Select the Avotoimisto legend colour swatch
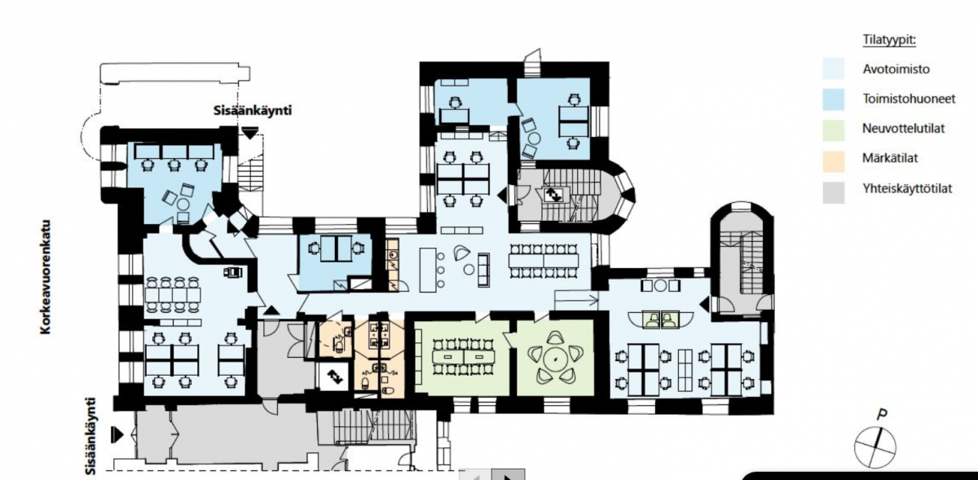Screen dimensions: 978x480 coord(834,69)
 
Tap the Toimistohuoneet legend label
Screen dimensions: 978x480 coord(909,99)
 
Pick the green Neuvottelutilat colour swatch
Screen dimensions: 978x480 coord(834,130)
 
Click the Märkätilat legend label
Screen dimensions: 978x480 coord(890,158)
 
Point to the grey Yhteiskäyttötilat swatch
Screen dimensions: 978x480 coord(834,192)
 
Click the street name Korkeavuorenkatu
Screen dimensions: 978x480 coord(46,277)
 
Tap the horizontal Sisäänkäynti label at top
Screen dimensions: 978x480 coord(253,111)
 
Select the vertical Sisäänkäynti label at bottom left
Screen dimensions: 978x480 coord(90,436)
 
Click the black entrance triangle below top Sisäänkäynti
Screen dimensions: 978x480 coord(249,133)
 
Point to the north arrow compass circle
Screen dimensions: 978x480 coord(874,448)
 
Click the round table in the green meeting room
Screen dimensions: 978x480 coord(555,359)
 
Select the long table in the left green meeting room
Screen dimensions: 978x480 coord(462,357)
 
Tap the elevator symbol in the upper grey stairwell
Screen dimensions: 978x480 coord(553,194)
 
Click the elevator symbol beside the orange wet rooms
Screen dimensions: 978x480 coord(334,377)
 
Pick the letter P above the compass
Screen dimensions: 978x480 coord(883,414)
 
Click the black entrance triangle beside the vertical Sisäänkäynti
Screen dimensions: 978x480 coord(118,434)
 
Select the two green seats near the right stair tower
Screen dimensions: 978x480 coord(660,319)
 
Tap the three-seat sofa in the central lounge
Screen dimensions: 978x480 coord(483,270)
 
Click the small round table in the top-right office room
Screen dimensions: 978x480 coord(534,139)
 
